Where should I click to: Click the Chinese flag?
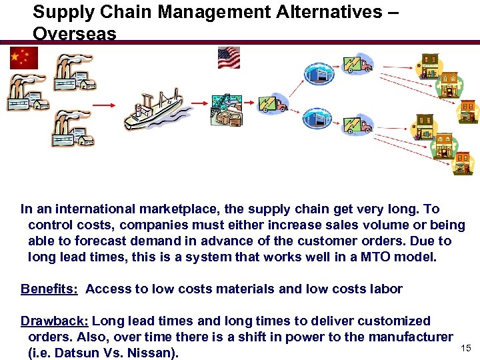(x=24, y=58)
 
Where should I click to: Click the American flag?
(x=229, y=57)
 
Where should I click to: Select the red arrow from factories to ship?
(x=103, y=105)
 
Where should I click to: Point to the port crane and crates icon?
(x=229, y=109)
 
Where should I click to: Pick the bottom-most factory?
(x=73, y=128)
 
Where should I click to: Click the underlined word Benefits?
(x=49, y=289)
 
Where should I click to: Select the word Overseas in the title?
(x=74, y=33)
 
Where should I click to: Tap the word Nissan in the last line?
(x=153, y=353)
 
